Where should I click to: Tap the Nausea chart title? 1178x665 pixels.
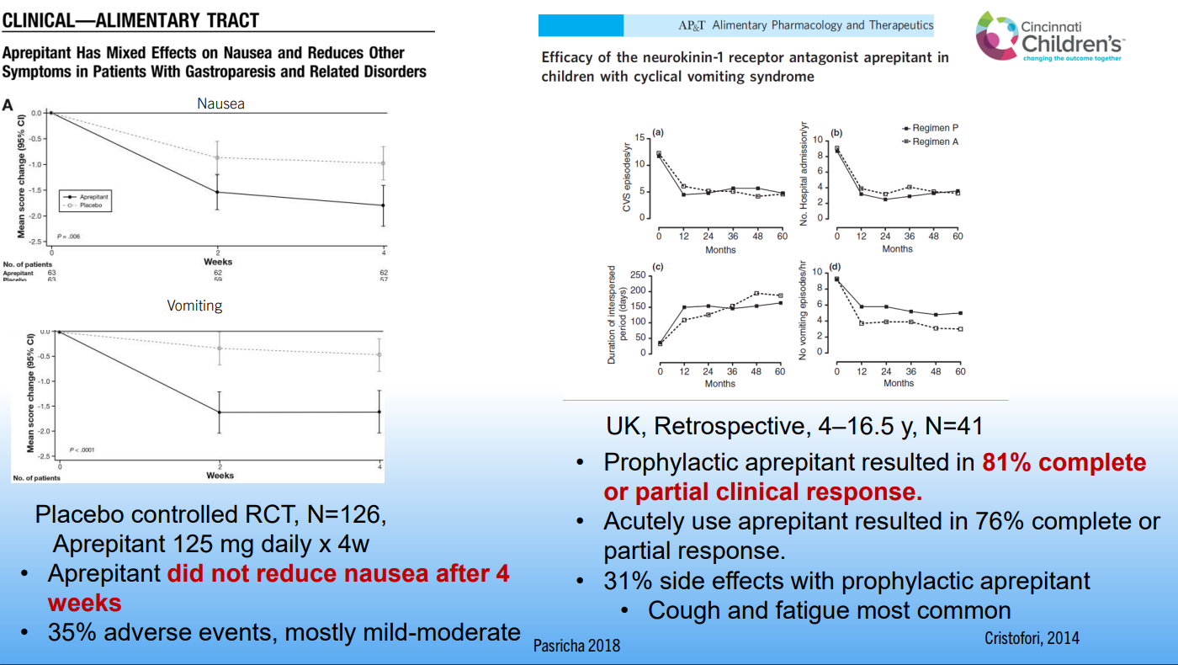coord(220,104)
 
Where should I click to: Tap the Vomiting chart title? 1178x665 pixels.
coord(194,305)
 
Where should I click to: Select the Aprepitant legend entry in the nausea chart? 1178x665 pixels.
coord(93,196)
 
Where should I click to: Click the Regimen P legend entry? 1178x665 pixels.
coord(934,128)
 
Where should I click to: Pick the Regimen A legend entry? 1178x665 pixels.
coord(934,141)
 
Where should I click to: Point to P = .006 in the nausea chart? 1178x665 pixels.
coord(68,237)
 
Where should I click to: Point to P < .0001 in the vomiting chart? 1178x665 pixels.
coord(82,450)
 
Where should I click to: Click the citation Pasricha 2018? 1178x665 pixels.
coord(576,646)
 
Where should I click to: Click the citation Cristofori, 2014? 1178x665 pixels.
coord(1032,638)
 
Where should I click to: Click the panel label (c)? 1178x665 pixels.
coord(658,267)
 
